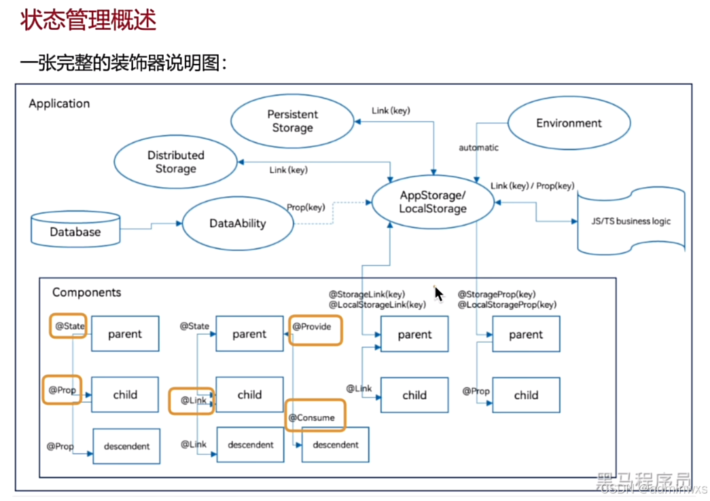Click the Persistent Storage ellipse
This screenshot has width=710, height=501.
292,122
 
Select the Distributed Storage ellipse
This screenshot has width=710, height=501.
175,162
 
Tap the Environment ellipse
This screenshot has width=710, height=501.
569,124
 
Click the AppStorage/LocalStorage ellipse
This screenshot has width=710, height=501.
433,202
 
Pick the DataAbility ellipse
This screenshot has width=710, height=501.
238,223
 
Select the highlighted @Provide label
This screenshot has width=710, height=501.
315,327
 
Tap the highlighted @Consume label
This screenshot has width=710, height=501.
315,416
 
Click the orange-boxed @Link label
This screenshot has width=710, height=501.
192,401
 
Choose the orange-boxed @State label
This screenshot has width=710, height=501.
68,327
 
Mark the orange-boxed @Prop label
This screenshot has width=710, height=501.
61,390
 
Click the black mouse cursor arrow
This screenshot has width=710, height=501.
438,293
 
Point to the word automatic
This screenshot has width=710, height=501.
478,147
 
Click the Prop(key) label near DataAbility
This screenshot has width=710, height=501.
306,207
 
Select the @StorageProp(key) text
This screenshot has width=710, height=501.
496,295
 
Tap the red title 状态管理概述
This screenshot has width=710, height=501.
88,20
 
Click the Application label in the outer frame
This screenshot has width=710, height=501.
59,103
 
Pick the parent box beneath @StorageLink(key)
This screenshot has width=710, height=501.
414,334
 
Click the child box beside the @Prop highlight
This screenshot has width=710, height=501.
125,394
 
